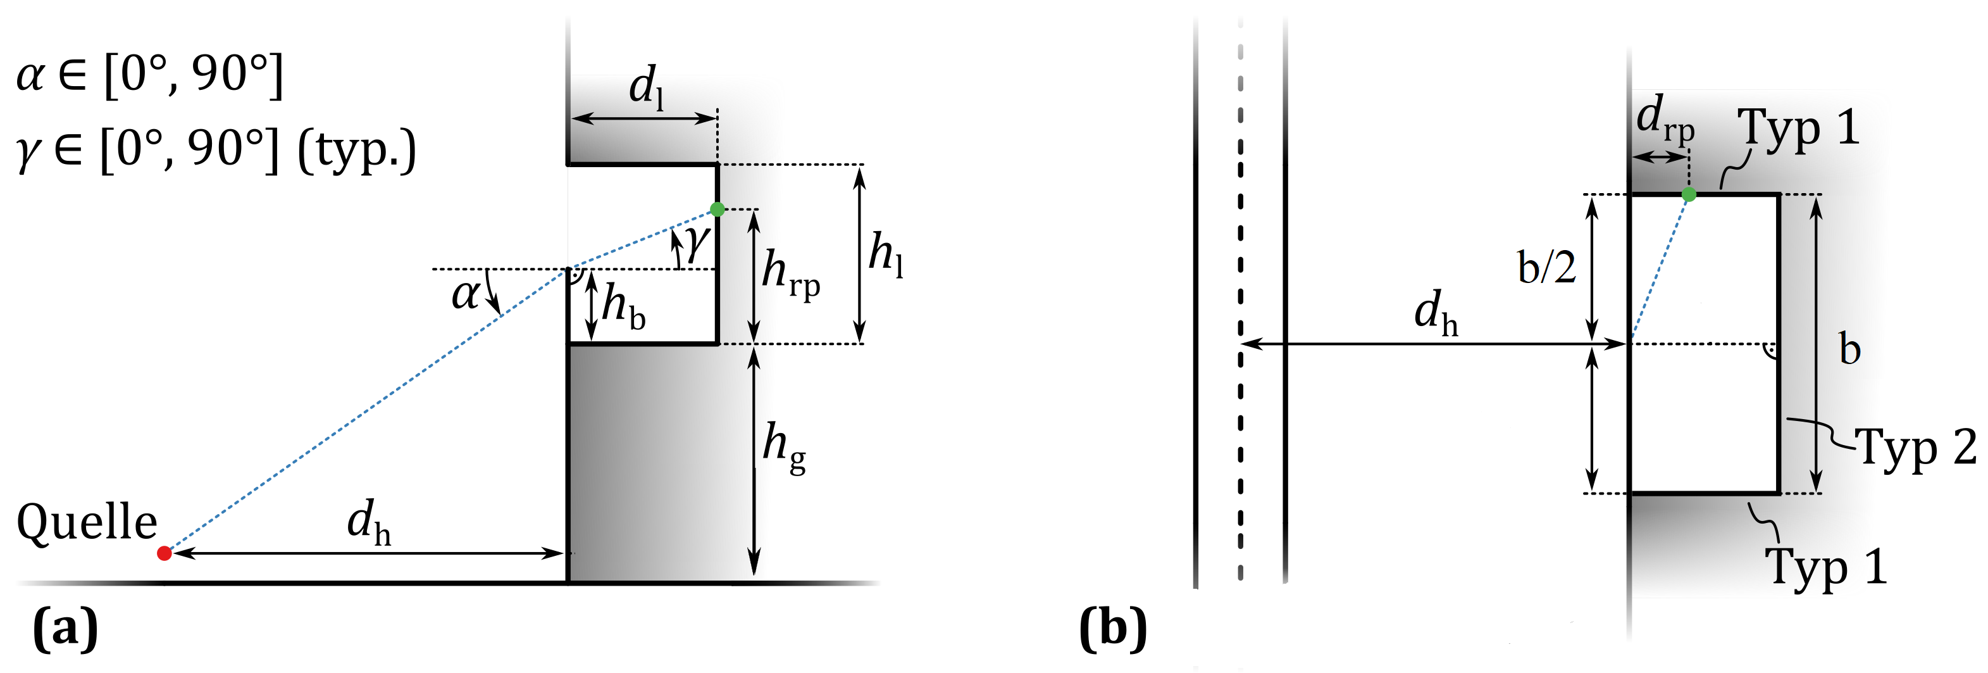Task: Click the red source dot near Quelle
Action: point(164,553)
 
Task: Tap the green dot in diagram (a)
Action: point(717,209)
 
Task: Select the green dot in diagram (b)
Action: point(1689,194)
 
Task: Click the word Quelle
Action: point(87,522)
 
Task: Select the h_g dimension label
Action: point(784,448)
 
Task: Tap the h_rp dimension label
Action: point(790,274)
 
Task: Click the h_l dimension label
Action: point(885,254)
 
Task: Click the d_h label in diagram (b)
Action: point(1436,313)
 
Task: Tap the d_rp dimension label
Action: point(1665,120)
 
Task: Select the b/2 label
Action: point(1546,268)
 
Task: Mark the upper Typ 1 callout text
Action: point(1798,128)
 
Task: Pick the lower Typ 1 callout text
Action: point(1826,567)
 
